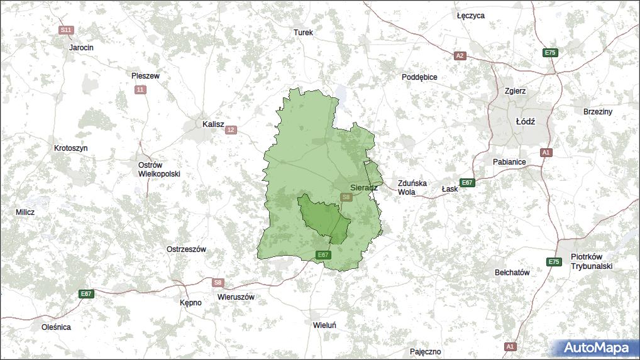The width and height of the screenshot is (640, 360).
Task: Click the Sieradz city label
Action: pos(363,187)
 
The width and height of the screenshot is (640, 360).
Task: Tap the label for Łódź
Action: pos(525,121)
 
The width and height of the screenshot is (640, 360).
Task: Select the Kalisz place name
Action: pos(213,124)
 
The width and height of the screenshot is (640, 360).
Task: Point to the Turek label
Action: pos(303,32)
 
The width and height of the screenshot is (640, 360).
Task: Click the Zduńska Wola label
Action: pos(412,188)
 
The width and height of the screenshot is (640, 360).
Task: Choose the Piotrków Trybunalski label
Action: pos(591,261)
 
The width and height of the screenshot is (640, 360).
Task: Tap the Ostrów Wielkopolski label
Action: pos(159,169)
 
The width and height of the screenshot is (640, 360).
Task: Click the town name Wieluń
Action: pos(325,325)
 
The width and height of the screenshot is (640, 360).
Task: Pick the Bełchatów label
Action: pos(512,273)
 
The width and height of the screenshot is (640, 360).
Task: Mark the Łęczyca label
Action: pos(470,16)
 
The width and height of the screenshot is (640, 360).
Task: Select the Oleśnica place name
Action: pos(56,327)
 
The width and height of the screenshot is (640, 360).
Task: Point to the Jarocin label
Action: pos(81,47)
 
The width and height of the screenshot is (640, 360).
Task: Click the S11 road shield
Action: pos(66,30)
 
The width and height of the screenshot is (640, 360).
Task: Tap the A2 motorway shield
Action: pos(460,56)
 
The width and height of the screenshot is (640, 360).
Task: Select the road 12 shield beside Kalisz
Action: pos(231,130)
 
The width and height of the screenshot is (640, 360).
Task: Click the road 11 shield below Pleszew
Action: pos(140,90)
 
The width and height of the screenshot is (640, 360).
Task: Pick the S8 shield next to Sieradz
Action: pos(346,197)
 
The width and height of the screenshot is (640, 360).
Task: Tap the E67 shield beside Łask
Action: pos(466,183)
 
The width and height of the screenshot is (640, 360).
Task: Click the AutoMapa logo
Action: pos(595,348)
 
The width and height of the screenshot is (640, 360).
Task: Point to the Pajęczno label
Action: pos(425,352)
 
